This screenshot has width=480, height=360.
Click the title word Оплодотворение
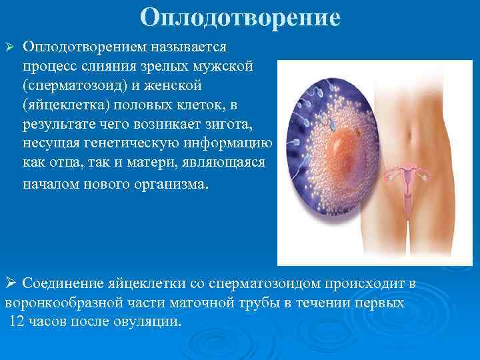(x=241, y=18)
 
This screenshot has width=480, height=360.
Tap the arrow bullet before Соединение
(x=10, y=283)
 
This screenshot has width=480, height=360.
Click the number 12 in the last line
(x=17, y=321)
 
